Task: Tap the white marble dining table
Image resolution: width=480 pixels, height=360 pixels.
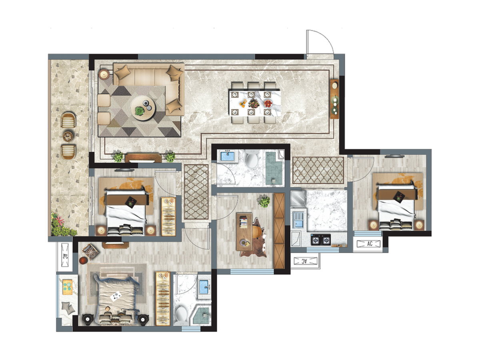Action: pos(255,103)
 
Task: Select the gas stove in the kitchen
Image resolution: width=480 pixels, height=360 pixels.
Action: pos(320,240)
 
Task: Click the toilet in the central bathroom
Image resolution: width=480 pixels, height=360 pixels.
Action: pos(252,158)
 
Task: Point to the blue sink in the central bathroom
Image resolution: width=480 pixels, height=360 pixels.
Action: pos(228,156)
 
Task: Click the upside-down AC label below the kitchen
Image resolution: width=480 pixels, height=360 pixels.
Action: pos(305,261)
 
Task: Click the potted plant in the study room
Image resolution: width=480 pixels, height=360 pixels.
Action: pos(264,201)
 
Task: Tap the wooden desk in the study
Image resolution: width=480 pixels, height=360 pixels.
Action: pos(244,232)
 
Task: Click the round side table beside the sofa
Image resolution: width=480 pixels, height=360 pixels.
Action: pos(104,74)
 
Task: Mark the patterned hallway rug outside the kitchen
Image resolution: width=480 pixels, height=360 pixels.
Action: pos(318,170)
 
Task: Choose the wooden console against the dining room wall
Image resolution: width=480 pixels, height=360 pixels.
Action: pos(334,99)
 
